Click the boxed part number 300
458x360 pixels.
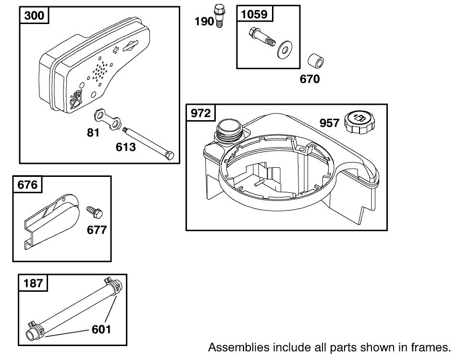pos(34,15)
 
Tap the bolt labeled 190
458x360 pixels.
pos(219,15)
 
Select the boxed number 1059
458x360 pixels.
pos(254,14)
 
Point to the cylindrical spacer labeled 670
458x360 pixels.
pos(315,62)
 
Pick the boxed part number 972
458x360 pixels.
pos(201,113)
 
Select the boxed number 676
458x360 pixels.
pos(27,185)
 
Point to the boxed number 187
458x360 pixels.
pos(33,283)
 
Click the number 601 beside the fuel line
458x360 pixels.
pos(101,329)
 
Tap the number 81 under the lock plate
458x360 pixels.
pos(93,132)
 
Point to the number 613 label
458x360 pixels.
pos(125,147)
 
